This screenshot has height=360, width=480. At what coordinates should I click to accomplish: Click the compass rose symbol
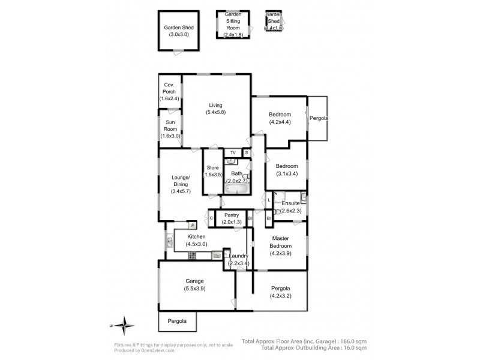click(x=124, y=326)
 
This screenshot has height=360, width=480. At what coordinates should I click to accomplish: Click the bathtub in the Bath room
click(x=236, y=188)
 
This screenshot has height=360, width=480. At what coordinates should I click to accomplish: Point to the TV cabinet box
click(x=233, y=153)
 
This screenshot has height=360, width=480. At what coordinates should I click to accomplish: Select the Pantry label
click(x=232, y=215)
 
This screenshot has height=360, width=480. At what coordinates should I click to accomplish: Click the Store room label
click(x=213, y=167)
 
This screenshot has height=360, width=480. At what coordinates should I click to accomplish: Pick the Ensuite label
click(x=291, y=203)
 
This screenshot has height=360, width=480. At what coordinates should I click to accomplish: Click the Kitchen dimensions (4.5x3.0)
click(x=196, y=245)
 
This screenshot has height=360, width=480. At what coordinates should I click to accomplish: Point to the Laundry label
click(x=238, y=256)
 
